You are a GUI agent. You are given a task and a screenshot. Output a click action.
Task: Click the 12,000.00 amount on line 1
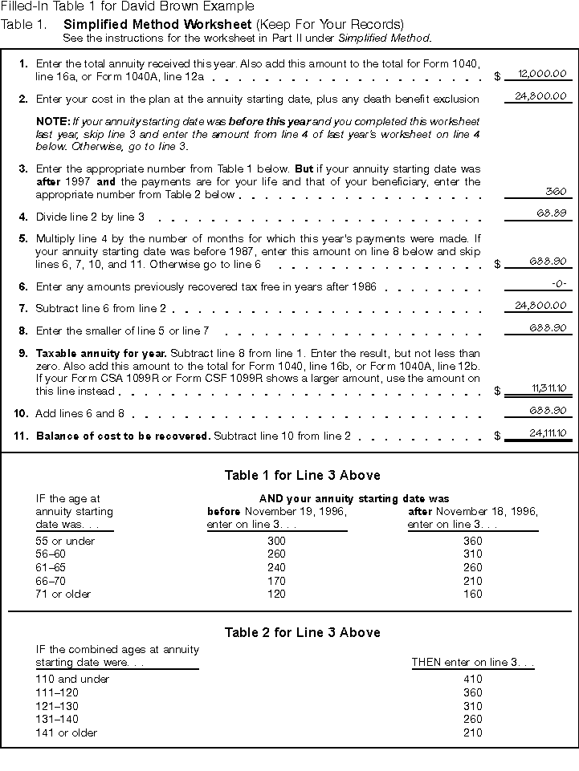542,74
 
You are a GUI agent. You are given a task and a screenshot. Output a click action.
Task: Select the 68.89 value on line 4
552,213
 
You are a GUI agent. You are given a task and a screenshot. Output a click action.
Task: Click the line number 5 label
23,239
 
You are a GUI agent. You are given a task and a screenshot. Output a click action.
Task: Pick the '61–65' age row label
51,567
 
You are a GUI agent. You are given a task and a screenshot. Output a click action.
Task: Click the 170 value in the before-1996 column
276,581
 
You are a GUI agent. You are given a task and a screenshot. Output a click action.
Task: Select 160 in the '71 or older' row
472,594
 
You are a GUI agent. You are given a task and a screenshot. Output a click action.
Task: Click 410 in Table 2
472,679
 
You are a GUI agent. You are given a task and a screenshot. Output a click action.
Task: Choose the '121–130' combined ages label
55,706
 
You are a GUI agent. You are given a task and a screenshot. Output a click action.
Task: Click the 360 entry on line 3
557,192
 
